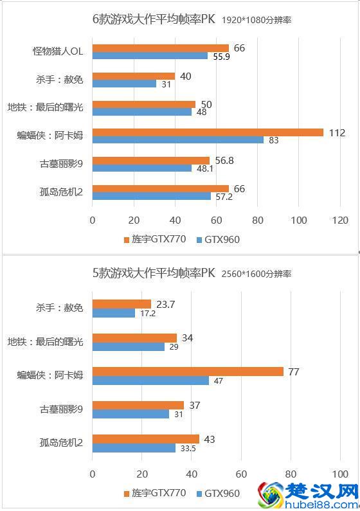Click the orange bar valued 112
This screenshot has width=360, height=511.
208,132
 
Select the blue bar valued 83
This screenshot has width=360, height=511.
178,140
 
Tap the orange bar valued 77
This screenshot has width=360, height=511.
188,372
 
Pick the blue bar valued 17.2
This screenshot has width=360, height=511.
114,313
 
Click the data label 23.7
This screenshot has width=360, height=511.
166,303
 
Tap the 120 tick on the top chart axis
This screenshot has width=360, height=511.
340,220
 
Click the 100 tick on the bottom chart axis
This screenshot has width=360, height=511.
340,474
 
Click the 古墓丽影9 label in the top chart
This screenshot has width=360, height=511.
62,164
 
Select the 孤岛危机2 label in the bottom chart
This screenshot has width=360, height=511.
62,444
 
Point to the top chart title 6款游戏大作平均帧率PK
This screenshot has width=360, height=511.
154,19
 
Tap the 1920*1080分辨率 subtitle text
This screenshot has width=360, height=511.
256,21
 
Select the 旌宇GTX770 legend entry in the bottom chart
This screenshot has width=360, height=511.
154,494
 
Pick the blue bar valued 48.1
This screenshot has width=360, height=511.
142,168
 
